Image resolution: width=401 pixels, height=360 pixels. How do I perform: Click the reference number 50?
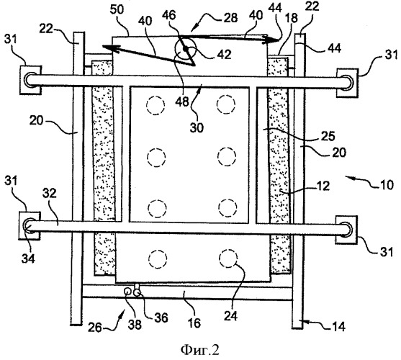coord(117,10)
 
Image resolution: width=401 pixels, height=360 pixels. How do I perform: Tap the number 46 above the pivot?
coord(169,15)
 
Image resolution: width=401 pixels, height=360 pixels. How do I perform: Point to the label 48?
coord(182,102)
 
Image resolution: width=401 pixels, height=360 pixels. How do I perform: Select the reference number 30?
coord(197,127)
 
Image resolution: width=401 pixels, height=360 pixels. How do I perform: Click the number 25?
coord(328,136)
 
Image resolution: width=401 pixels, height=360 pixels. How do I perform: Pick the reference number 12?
coord(323,186)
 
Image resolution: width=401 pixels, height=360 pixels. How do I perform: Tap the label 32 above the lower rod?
coord(50,194)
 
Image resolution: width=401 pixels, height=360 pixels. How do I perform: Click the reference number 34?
coord(28,258)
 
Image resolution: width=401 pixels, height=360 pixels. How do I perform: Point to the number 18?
coord(292,18)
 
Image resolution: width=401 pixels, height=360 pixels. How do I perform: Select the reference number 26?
coord(95,328)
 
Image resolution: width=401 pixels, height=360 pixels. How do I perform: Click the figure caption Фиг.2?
coord(200,350)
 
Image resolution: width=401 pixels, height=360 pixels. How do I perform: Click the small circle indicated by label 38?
coord(127,292)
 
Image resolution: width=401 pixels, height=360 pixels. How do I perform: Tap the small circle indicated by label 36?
coord(137,292)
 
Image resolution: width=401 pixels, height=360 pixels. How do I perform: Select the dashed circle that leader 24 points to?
coord(228,258)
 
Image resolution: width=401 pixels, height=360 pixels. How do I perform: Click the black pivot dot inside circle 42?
coord(185,48)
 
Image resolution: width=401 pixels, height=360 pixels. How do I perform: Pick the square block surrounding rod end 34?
coord(30,226)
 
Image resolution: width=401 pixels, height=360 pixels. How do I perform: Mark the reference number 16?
coord(194,323)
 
